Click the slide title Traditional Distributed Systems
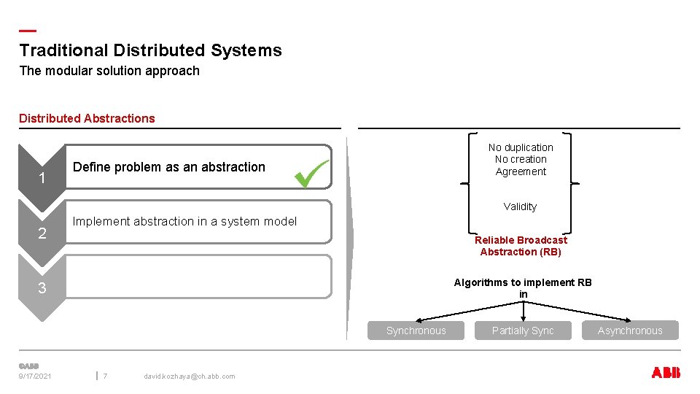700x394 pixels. tap(150, 50)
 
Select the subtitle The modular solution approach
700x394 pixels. tap(109, 71)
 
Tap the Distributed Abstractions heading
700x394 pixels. tap(87, 118)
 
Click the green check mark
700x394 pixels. tap(311, 174)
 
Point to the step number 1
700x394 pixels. tap(42, 179)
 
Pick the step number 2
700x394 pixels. tap(42, 233)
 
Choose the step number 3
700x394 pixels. tap(42, 288)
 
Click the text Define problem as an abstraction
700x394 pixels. tap(169, 167)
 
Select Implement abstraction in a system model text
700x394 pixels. tap(184, 221)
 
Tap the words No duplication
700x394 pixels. tap(521, 147)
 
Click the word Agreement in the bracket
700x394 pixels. tap(521, 171)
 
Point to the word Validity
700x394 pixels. tap(520, 206)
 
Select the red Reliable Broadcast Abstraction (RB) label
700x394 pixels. tap(521, 246)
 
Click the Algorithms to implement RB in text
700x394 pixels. tap(523, 288)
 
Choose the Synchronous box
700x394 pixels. tap(416, 331)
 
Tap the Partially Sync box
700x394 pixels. tap(523, 331)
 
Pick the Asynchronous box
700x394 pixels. tap(630, 331)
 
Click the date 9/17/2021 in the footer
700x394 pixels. tap(35, 376)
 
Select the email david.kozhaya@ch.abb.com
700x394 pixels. tap(190, 376)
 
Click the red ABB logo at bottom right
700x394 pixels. tap(665, 373)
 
